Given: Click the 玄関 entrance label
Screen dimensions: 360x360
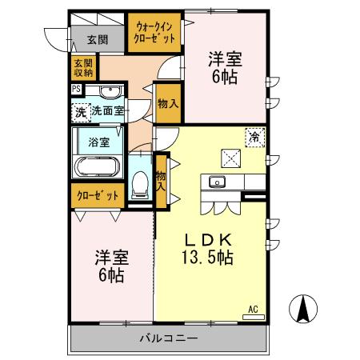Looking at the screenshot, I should coord(98,38).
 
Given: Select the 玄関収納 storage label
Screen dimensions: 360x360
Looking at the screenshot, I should coord(83,67).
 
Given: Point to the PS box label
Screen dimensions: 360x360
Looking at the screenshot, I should coord(76,90).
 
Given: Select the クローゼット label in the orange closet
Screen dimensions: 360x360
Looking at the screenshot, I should coord(98,195).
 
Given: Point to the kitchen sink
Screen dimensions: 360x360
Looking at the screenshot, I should coord(217,182).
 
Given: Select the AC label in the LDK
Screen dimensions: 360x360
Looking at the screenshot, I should coord(253,308).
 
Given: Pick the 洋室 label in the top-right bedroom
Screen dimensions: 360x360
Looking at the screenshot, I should coord(225,58).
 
